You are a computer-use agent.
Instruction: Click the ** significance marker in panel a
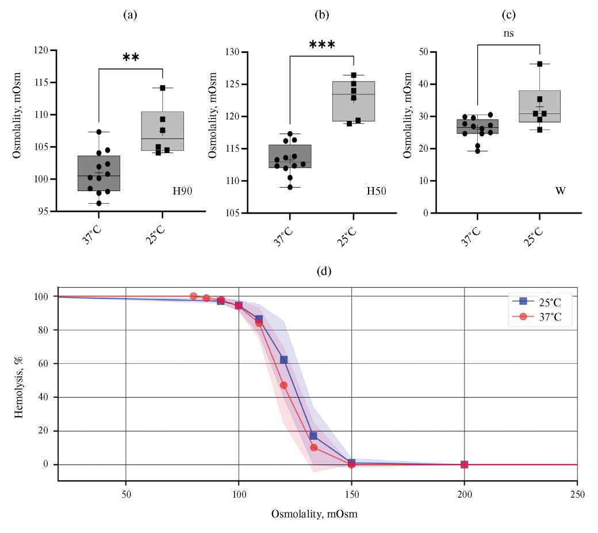click(131, 57)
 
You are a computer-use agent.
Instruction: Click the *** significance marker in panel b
click(321, 45)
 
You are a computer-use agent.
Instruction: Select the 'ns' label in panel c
click(508, 33)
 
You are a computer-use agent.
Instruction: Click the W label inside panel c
click(559, 191)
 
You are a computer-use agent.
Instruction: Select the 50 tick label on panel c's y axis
click(424, 52)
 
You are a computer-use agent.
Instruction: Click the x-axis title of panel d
click(315, 514)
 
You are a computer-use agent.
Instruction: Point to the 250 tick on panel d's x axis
click(577, 494)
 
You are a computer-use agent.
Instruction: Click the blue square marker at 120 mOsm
click(283, 360)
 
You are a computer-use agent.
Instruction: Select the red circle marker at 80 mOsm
click(194, 296)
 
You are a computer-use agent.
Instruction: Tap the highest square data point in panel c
click(540, 64)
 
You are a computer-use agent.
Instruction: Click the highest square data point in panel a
click(163, 88)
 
